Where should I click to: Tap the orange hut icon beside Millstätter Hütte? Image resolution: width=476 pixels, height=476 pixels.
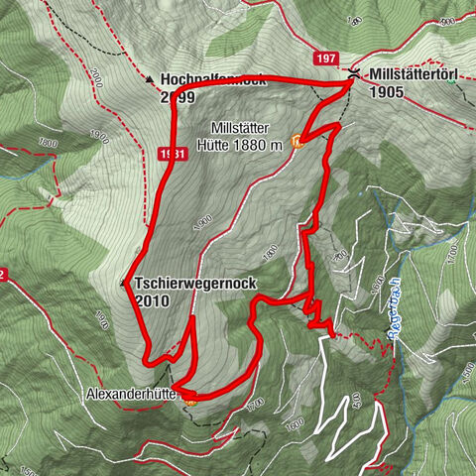[296, 140]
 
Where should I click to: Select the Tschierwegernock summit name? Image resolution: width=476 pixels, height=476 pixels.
[194, 284]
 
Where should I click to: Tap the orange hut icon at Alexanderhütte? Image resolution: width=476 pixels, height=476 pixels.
[190, 400]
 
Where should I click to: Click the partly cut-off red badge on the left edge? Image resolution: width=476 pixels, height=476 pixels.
[4, 274]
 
